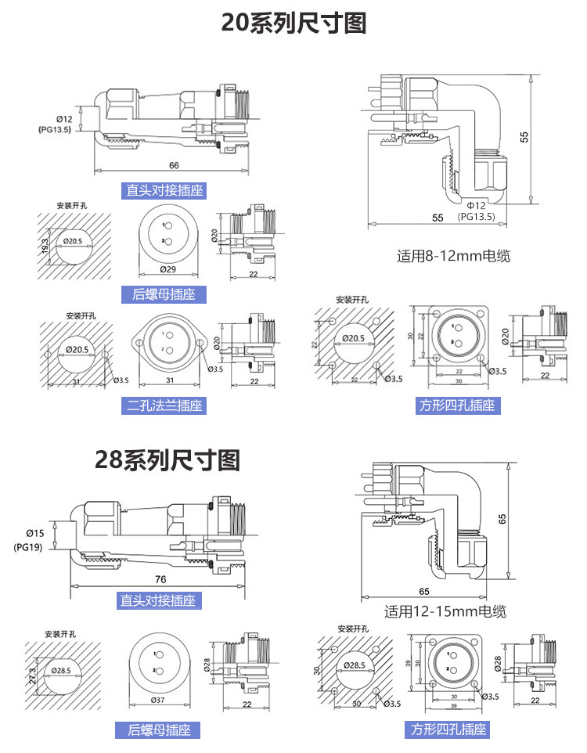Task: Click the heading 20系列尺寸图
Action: point(293,23)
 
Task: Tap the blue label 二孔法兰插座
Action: point(165,405)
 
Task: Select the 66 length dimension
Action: point(174,166)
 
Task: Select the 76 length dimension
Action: point(160,579)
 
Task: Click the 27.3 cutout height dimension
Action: point(32,675)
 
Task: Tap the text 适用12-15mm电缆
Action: point(445,611)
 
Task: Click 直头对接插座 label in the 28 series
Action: point(157,600)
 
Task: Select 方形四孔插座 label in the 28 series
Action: point(449,729)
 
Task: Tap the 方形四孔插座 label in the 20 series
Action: point(458,405)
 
